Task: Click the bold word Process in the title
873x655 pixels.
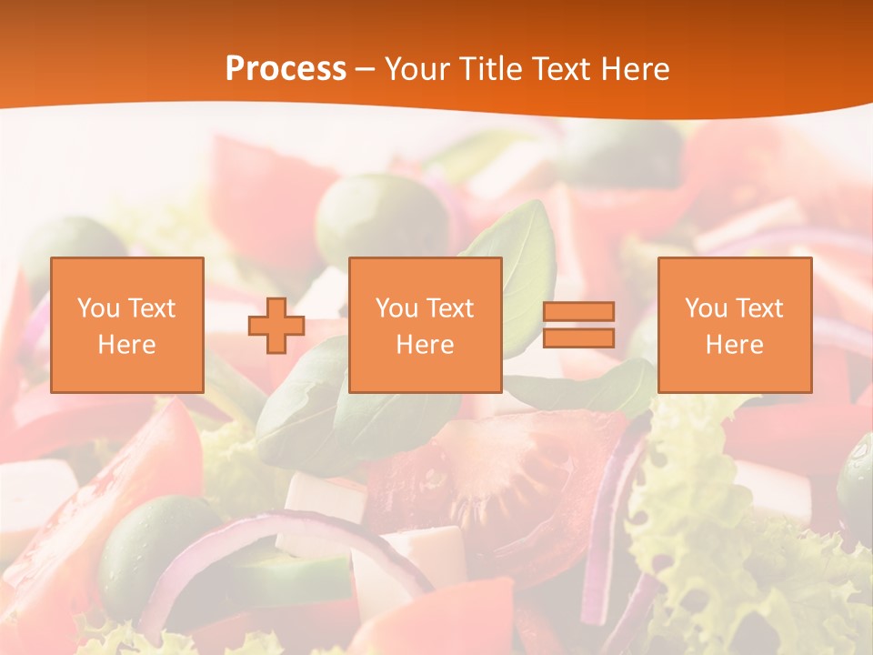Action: coord(286,69)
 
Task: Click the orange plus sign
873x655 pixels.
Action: coord(276,326)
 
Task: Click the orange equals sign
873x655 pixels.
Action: coord(578,326)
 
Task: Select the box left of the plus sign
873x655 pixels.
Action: coord(127,326)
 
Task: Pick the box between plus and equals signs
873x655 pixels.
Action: coord(426,326)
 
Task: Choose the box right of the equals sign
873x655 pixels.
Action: coord(735,326)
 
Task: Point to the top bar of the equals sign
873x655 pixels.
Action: coord(578,312)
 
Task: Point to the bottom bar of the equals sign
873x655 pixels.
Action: coord(578,338)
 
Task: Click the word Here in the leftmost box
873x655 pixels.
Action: coord(127,345)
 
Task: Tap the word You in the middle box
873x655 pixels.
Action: coord(396,308)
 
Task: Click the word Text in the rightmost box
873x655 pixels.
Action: coord(760,308)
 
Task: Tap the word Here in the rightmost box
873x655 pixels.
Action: coord(735,345)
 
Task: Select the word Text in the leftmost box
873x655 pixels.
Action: coord(153,308)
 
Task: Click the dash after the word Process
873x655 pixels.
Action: coord(366,69)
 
